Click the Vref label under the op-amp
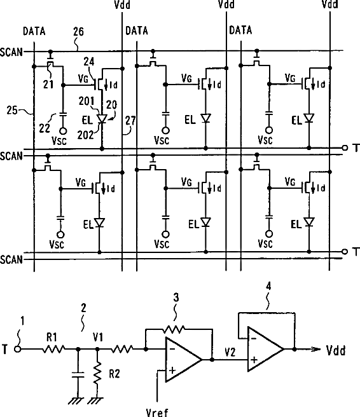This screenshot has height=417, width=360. click(157, 412)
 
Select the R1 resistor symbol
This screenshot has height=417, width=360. click(53, 348)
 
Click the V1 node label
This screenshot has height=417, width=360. click(98, 337)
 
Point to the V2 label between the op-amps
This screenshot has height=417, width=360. click(230, 352)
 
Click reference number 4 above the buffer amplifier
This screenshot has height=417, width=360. click(268, 286)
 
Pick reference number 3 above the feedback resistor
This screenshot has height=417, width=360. click(176, 297)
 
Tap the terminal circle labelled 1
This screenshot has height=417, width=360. click(18, 349)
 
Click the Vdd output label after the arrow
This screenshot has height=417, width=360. click(336, 350)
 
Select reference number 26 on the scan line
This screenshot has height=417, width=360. click(78, 32)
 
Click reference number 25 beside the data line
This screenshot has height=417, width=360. click(11, 110)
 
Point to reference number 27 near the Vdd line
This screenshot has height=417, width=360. click(130, 121)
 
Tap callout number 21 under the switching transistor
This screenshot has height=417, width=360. click(48, 85)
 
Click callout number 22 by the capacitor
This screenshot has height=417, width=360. click(44, 128)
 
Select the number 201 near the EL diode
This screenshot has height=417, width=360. click(87, 101)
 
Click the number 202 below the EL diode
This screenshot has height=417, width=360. click(85, 135)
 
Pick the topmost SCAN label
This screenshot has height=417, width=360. click(11, 52)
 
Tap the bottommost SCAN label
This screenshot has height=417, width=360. click(11, 259)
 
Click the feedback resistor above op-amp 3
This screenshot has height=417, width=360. click(174, 329)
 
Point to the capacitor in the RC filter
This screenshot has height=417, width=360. click(78, 375)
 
